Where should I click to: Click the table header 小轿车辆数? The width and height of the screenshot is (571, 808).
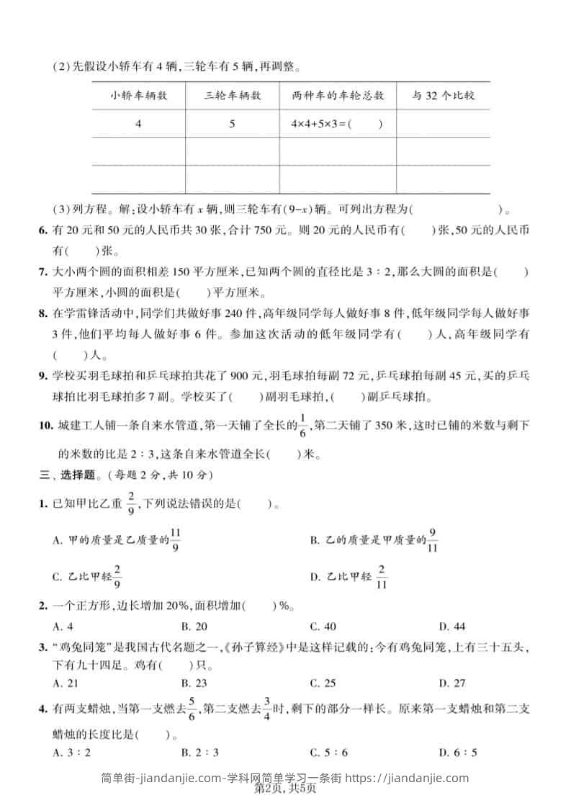[x=139, y=95]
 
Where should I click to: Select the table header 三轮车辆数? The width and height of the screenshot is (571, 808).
[x=233, y=95]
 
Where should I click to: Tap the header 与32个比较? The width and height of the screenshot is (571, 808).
[x=443, y=95]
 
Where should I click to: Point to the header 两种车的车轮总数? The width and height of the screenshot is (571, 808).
[x=338, y=95]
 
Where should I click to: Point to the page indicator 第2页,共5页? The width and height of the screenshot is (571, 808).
[x=285, y=790]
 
